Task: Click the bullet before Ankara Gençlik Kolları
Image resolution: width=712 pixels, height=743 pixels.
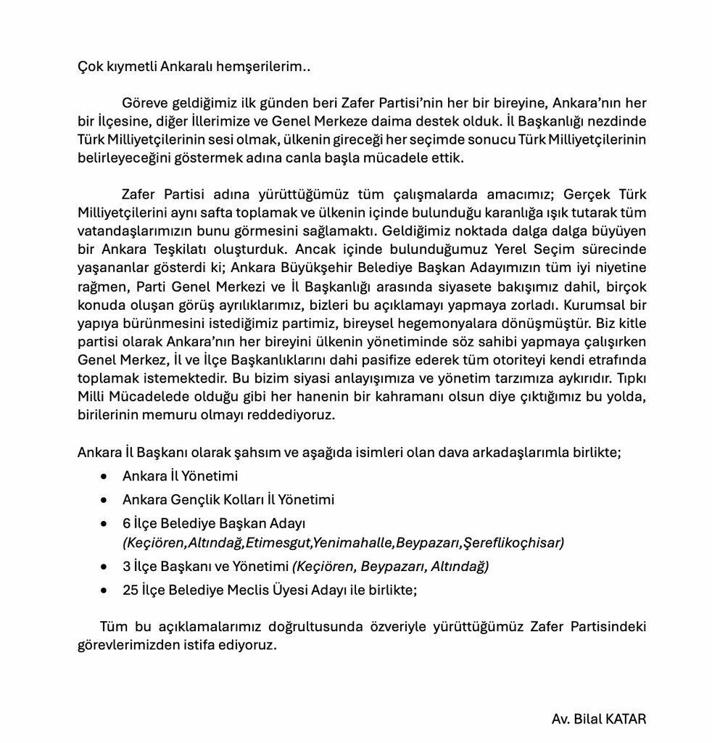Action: [x=107, y=500]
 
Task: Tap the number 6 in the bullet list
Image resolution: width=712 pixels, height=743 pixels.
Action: [x=127, y=523]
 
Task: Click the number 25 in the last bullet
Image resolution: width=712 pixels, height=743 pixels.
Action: [x=130, y=589]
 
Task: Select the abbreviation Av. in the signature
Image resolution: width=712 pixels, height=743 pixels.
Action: [x=560, y=720]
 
